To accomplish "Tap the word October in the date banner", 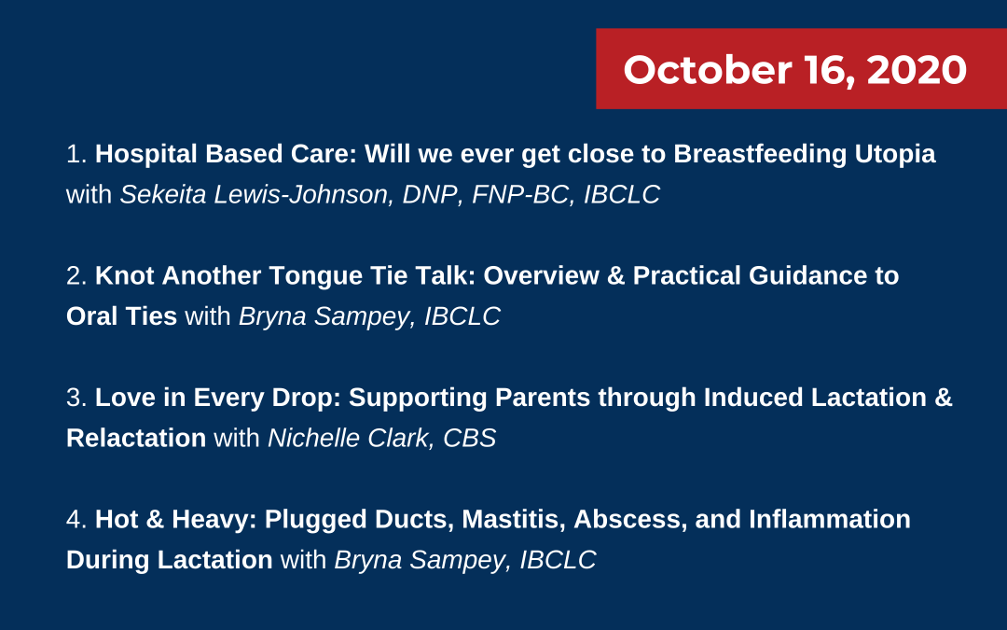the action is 707,69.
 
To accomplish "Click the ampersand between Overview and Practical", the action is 615,275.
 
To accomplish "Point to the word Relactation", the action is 136,439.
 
